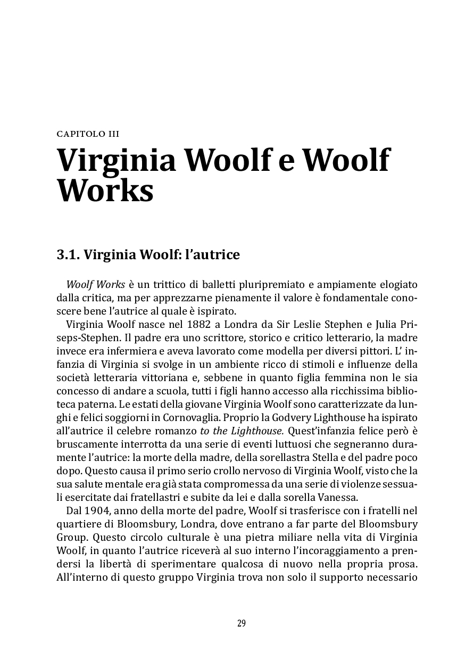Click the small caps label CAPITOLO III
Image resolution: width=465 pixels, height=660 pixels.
click(88, 134)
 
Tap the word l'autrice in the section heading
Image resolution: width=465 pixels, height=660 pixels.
click(212, 255)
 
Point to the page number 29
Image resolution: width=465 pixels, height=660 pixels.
click(242, 623)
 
